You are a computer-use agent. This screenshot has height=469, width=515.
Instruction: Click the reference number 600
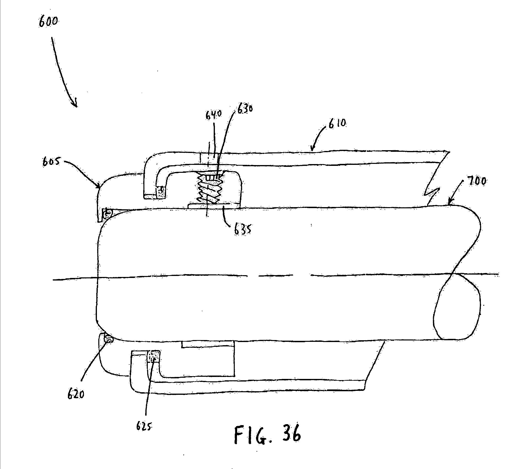tap(48, 21)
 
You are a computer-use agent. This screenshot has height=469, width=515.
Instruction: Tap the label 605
tap(51, 162)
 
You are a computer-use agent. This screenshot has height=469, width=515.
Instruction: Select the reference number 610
tap(337, 124)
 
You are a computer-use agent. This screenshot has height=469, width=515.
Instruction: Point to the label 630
tap(245, 109)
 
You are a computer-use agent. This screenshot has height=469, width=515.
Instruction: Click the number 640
tap(214, 115)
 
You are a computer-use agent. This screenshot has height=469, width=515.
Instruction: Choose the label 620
tap(76, 394)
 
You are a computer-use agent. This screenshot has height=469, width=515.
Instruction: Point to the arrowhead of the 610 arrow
tap(312, 149)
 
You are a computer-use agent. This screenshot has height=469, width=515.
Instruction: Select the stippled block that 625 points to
tap(154, 356)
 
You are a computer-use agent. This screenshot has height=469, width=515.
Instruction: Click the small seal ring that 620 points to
tap(108, 339)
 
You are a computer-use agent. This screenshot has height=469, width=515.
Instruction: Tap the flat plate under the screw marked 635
tap(214, 206)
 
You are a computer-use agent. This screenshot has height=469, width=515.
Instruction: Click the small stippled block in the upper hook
tap(161, 192)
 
